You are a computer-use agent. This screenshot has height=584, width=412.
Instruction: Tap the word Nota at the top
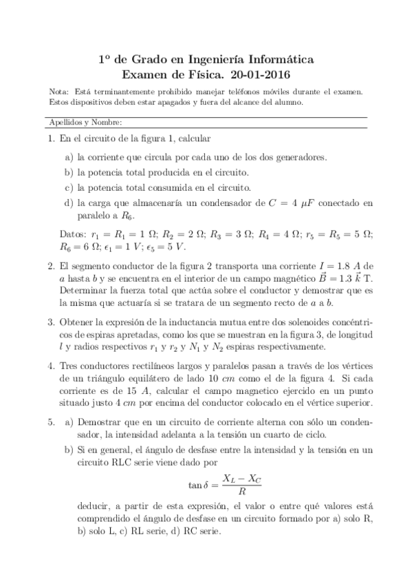(60, 91)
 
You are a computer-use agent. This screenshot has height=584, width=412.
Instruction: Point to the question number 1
(50, 138)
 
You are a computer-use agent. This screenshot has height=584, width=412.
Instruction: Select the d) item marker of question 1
(69, 202)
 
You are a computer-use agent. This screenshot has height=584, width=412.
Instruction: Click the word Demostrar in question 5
(101, 419)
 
